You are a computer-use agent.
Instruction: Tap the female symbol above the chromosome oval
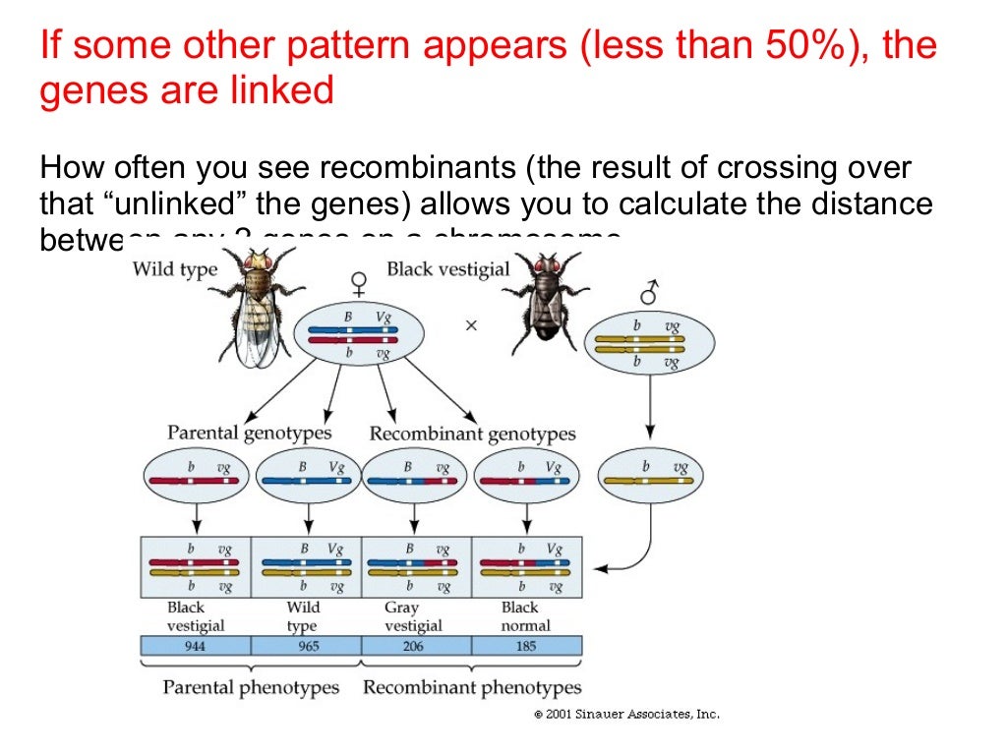point(360,284)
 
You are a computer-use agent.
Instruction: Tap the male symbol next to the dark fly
point(648,292)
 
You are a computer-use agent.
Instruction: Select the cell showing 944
point(196,646)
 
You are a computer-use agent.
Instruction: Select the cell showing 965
point(306,646)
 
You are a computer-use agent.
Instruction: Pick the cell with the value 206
point(416,646)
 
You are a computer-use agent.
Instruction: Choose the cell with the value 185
point(526,646)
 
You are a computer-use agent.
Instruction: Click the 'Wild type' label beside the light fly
point(174,269)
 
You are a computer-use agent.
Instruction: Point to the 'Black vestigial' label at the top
point(447,268)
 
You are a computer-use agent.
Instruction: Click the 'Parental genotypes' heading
point(249,433)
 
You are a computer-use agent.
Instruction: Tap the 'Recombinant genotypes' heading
point(472,434)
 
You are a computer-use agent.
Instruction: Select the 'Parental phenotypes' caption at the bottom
point(251,687)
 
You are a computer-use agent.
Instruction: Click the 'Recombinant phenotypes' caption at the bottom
point(472,687)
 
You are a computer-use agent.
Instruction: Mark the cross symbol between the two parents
point(471,325)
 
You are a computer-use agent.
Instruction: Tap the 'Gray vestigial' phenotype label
point(413,616)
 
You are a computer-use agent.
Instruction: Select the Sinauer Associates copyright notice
point(626,715)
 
